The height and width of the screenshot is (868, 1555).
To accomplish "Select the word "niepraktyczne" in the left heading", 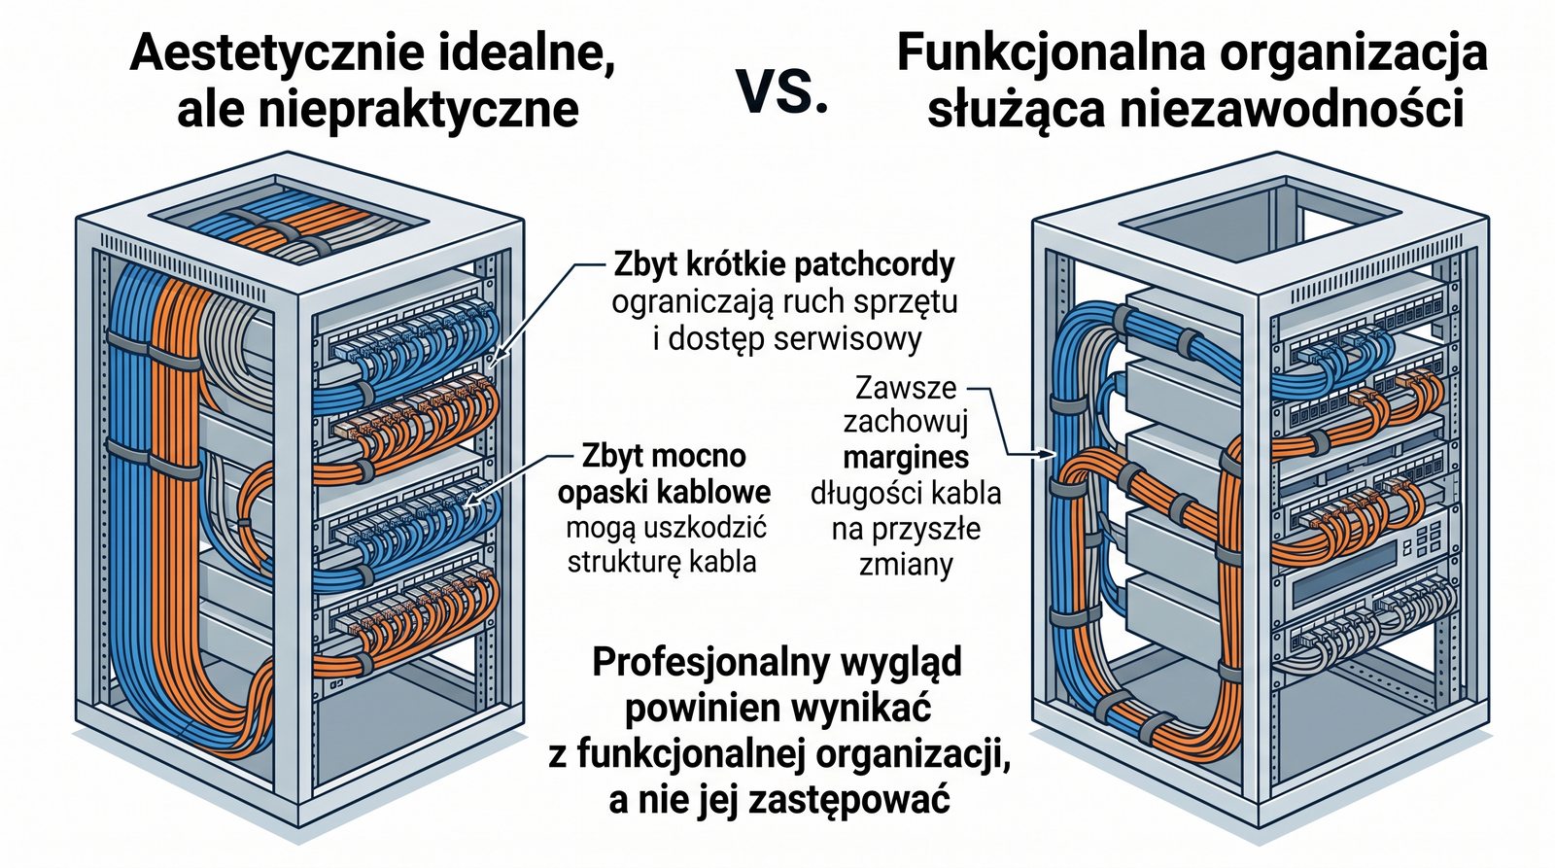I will (418, 109).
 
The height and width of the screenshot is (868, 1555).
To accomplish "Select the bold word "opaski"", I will (606, 492).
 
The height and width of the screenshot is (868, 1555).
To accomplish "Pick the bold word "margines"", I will (906, 457).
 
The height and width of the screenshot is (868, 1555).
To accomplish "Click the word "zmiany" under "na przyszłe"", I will (906, 565).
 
